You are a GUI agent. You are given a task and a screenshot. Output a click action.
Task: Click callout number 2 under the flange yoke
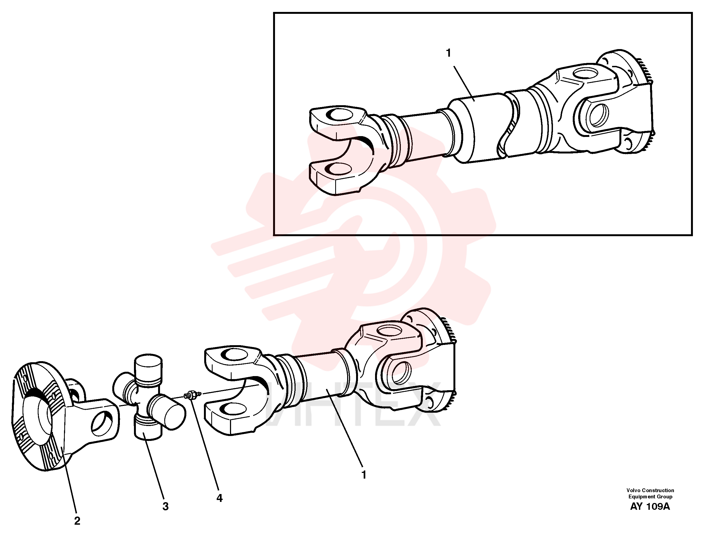point(77,521)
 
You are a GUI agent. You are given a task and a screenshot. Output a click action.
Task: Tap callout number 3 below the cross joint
point(165,507)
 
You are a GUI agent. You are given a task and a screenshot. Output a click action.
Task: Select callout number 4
point(219,498)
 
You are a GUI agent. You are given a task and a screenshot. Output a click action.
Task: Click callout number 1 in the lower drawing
point(364,475)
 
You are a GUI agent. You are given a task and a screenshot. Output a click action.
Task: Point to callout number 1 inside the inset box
point(448,53)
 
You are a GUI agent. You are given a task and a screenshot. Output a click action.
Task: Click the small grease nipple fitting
point(192,395)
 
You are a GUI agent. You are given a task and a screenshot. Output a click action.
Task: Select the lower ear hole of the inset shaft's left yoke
point(338,169)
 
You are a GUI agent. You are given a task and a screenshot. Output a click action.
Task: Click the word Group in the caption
point(664,497)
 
